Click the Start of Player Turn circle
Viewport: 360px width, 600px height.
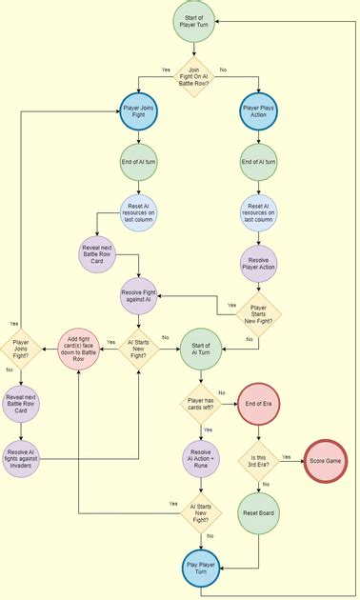pos(198,21)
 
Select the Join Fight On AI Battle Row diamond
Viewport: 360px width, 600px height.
pos(198,76)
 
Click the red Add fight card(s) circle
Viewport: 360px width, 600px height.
pos(81,348)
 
